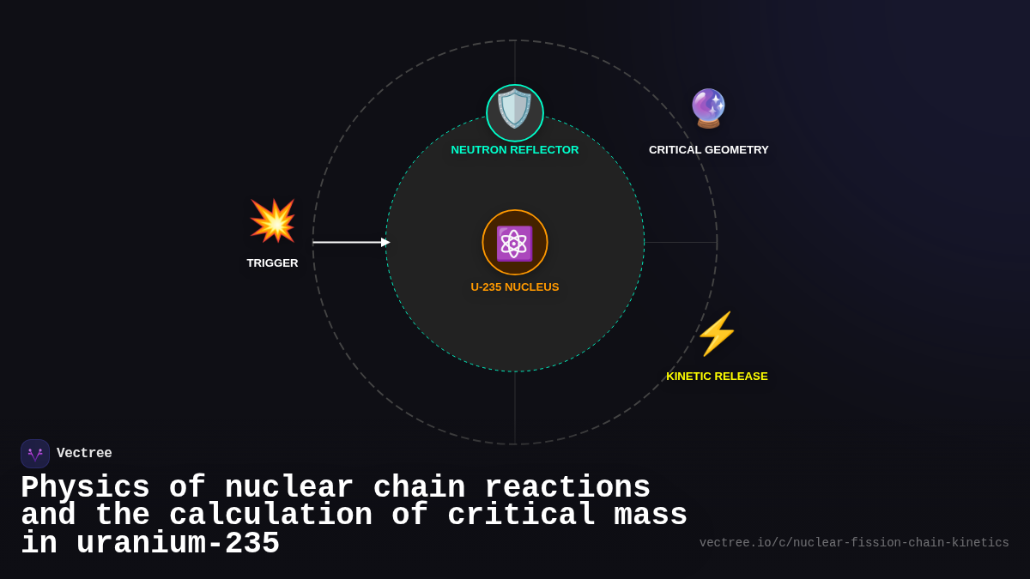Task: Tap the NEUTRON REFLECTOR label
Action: (515, 150)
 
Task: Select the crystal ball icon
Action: (708, 109)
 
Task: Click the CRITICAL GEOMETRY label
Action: (708, 150)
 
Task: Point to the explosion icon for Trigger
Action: (273, 221)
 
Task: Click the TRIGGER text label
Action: (272, 263)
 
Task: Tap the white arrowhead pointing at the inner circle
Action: (385, 243)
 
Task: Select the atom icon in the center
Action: (515, 243)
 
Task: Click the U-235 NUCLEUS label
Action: (515, 287)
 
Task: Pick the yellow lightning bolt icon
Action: (717, 334)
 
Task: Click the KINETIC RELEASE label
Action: (717, 377)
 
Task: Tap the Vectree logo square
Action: (35, 454)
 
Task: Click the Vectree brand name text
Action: (84, 454)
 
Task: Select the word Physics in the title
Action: (85, 488)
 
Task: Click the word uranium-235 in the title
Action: (178, 544)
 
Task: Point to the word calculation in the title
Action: (270, 516)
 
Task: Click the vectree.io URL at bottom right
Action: (854, 543)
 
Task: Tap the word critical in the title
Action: (521, 516)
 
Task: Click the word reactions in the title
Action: (566, 488)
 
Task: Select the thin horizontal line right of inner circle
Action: (680, 243)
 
